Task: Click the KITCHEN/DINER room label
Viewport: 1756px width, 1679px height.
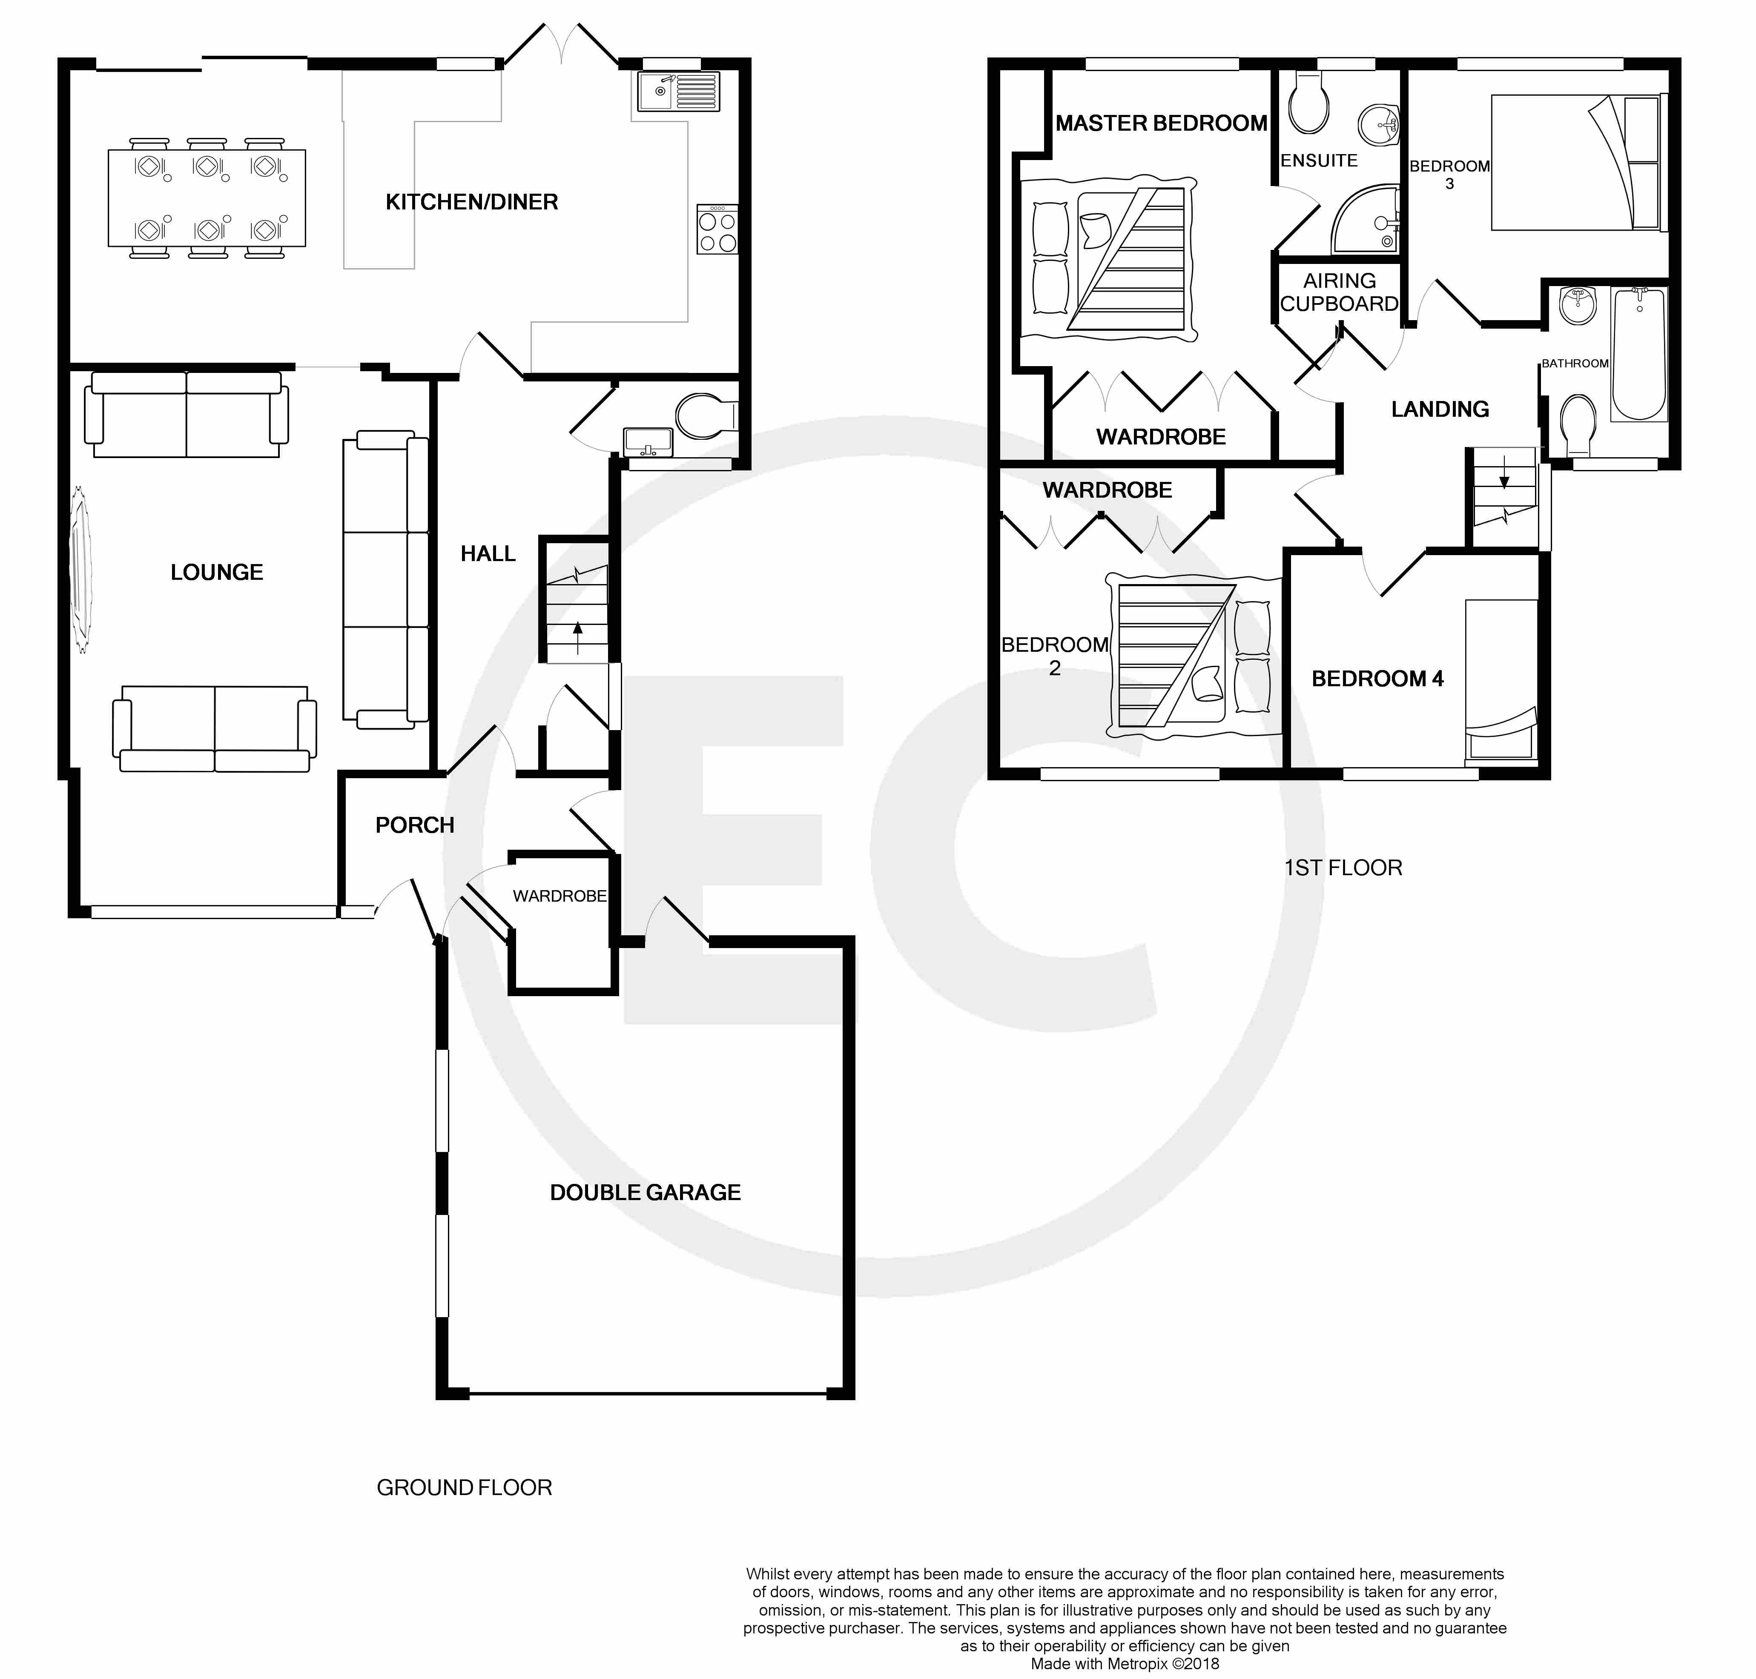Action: coord(472,202)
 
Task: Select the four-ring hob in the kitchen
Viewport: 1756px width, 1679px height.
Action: coord(718,229)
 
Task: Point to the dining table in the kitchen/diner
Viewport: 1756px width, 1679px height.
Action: coord(207,198)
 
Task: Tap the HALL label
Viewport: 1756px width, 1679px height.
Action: coord(488,554)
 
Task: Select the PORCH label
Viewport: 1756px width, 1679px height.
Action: coord(414,825)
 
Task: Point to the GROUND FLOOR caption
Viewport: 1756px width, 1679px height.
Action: coord(464,1487)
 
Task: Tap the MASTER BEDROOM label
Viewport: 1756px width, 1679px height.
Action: coord(1161,123)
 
